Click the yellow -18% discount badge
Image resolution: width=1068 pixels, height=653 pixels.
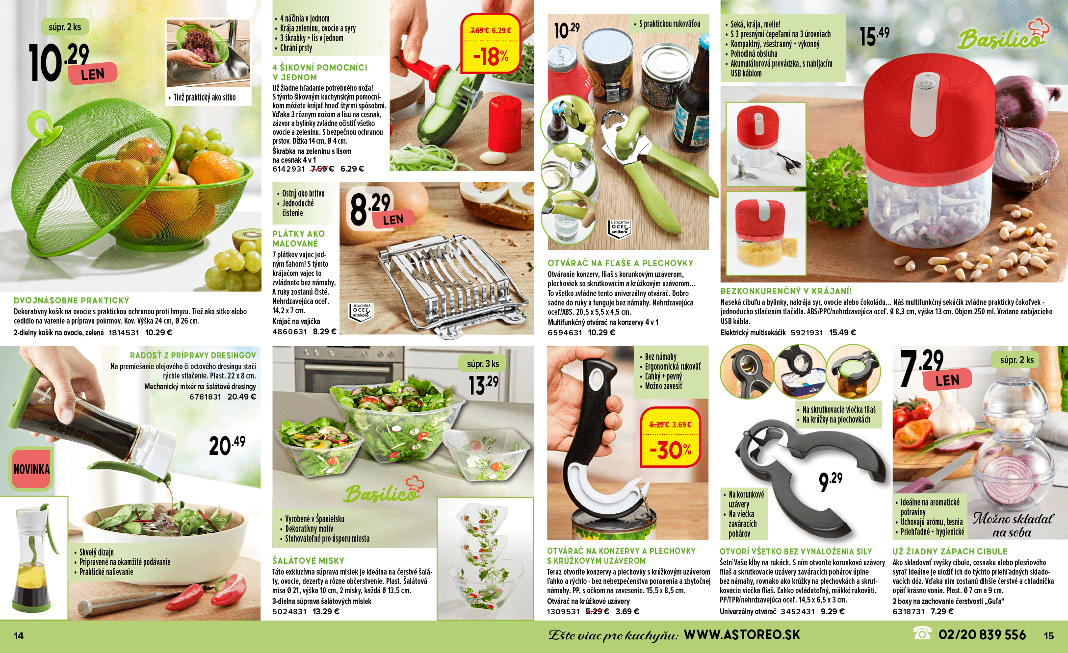click(490, 44)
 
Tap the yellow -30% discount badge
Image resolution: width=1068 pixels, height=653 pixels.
click(670, 437)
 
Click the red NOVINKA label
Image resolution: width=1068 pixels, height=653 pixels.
click(31, 469)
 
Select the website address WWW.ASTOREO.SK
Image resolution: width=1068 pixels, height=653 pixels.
click(742, 635)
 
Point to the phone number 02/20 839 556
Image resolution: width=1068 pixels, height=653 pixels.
click(982, 635)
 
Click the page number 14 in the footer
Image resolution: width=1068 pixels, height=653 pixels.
click(19, 636)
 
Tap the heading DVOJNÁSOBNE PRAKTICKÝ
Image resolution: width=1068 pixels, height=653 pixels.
click(72, 301)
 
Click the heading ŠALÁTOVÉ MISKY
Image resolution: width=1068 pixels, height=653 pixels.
click(308, 561)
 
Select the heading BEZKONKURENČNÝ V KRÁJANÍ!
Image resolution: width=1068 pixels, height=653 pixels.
click(786, 291)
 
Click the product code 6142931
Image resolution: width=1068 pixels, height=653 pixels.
click(288, 169)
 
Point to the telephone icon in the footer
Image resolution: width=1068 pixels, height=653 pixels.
click(922, 633)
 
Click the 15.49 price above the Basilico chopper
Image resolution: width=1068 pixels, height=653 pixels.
click(875, 36)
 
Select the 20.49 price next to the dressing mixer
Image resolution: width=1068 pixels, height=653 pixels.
click(227, 445)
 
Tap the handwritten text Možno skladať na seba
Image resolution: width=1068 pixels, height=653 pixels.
click(1013, 525)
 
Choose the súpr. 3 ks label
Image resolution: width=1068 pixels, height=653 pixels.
click(483, 364)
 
